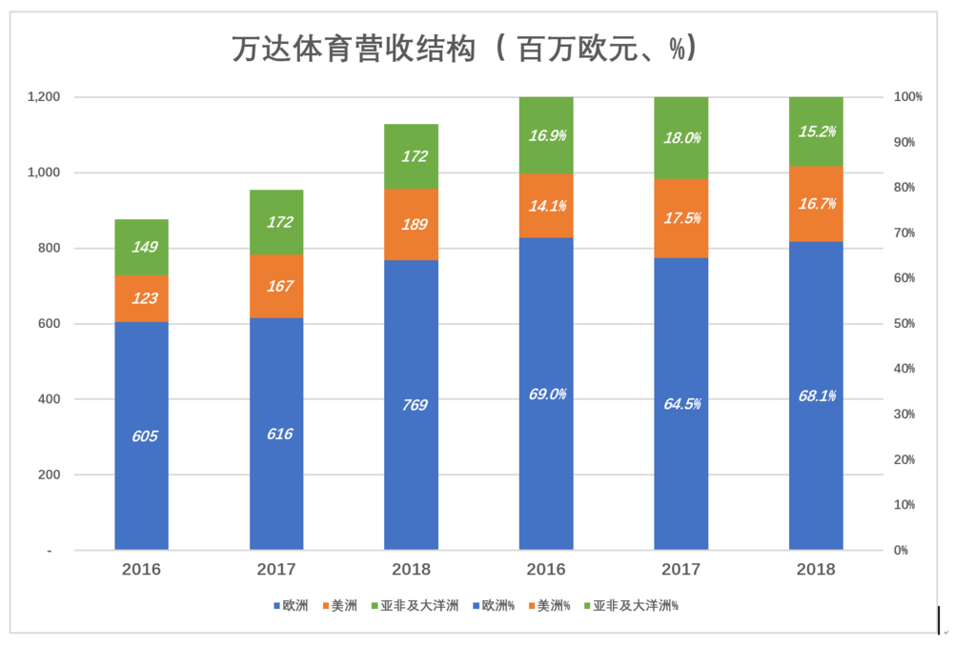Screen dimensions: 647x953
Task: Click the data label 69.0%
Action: [x=546, y=394]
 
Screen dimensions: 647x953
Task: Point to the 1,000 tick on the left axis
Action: [x=43, y=172]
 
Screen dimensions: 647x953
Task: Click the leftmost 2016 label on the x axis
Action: [x=141, y=570]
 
